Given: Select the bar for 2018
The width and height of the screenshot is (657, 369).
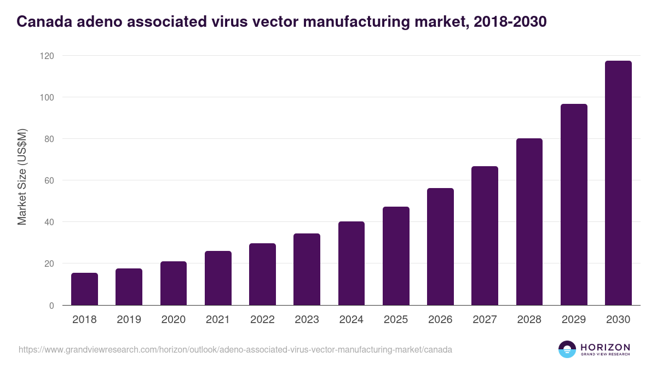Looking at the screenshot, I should [84, 289].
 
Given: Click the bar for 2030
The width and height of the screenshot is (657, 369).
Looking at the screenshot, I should [618, 183].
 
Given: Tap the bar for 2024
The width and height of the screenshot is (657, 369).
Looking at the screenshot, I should [351, 263].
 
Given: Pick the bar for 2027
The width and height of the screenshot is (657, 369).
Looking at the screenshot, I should [485, 236].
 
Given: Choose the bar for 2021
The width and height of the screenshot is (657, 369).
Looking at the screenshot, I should [218, 278].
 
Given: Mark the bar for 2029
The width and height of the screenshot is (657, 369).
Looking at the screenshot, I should [574, 204].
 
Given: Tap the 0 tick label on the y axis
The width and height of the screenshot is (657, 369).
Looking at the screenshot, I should [51, 306].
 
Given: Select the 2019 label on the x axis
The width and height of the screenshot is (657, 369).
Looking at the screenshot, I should [129, 319].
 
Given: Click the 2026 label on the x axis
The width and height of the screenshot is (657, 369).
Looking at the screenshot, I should [440, 319].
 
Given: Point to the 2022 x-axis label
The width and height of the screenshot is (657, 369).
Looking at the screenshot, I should [262, 319].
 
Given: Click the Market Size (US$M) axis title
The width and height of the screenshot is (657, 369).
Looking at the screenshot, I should [22, 177].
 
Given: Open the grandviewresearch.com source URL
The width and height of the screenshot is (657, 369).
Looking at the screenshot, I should [235, 349].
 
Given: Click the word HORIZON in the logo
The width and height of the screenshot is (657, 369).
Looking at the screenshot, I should [605, 347].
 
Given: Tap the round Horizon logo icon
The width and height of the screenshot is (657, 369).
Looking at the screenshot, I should [567, 349].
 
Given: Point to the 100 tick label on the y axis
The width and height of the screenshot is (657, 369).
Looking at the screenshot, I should [47, 97].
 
